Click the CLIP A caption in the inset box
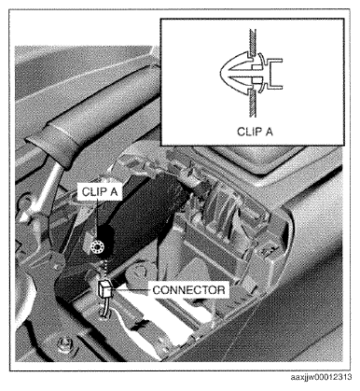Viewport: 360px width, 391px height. point(255,132)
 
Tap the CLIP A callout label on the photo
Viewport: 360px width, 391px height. point(100,191)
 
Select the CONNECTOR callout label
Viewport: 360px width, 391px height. point(188,290)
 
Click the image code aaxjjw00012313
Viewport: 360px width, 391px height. point(321,377)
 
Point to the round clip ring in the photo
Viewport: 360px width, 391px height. point(97,247)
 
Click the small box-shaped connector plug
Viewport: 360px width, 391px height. point(104,289)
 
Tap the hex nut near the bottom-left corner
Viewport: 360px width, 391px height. point(66,342)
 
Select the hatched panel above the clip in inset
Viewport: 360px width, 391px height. point(252,43)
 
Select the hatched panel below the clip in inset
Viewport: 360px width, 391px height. point(252,105)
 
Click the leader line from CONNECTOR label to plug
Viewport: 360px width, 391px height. point(132,290)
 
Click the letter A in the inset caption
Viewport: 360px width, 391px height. point(269,132)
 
